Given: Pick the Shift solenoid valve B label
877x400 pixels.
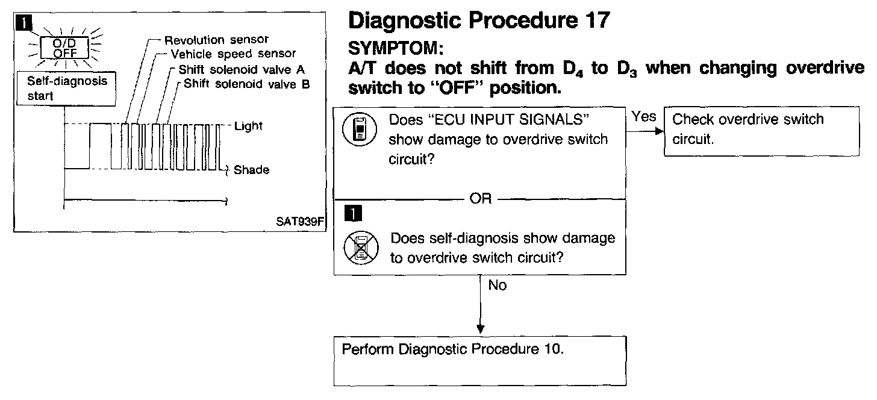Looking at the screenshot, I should coord(246,84).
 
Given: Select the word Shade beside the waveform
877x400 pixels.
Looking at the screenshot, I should coord(251,170).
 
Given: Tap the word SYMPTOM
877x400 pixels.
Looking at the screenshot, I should coord(396,47).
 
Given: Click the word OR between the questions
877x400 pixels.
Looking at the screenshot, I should coord(480,199).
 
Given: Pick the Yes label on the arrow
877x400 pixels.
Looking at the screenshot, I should coord(644,117).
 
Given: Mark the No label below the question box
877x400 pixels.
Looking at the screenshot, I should coord(498,286).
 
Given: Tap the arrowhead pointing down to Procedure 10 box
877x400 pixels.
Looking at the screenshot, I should coord(480,329).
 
